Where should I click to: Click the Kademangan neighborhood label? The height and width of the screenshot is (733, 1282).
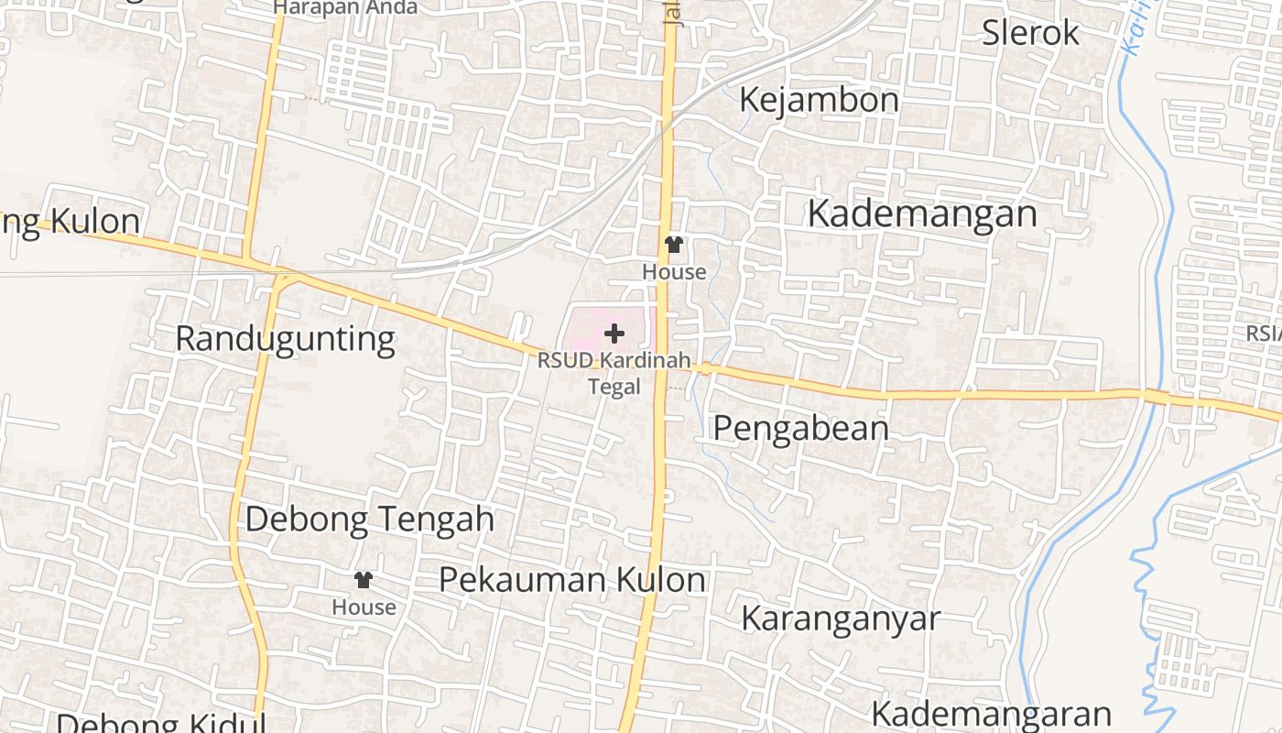[x=922, y=214]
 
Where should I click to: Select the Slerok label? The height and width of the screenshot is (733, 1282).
[x=1030, y=33]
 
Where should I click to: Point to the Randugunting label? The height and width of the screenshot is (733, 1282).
[x=285, y=339]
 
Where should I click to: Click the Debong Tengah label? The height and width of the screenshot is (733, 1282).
[x=369, y=520]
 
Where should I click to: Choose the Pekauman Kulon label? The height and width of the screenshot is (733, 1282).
[x=572, y=580]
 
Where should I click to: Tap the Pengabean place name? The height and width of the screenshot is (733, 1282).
[x=800, y=429]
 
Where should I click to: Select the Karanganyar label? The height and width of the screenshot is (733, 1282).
[x=840, y=618]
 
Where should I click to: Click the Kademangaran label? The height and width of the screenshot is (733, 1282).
[x=991, y=714]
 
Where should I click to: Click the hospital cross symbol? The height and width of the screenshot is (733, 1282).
[x=614, y=334]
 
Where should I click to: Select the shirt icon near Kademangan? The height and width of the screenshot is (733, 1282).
[x=674, y=245]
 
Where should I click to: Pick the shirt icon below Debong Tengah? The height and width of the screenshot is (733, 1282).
[x=364, y=580]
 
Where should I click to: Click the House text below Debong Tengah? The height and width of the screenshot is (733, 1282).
[x=364, y=607]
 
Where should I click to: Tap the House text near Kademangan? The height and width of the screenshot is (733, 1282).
[x=674, y=272]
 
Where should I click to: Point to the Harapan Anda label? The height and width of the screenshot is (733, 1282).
[x=345, y=7]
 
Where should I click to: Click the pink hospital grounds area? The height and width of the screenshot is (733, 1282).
[x=591, y=325]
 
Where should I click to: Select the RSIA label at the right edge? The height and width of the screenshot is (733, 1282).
[x=1265, y=334]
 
